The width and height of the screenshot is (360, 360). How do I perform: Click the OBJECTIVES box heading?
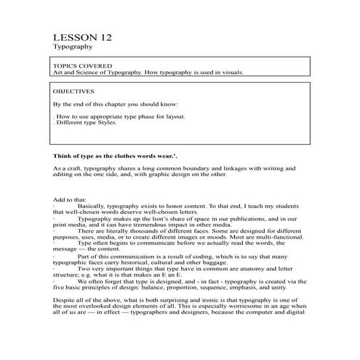coord(74,92)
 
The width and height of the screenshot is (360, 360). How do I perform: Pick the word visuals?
coord(231,73)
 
